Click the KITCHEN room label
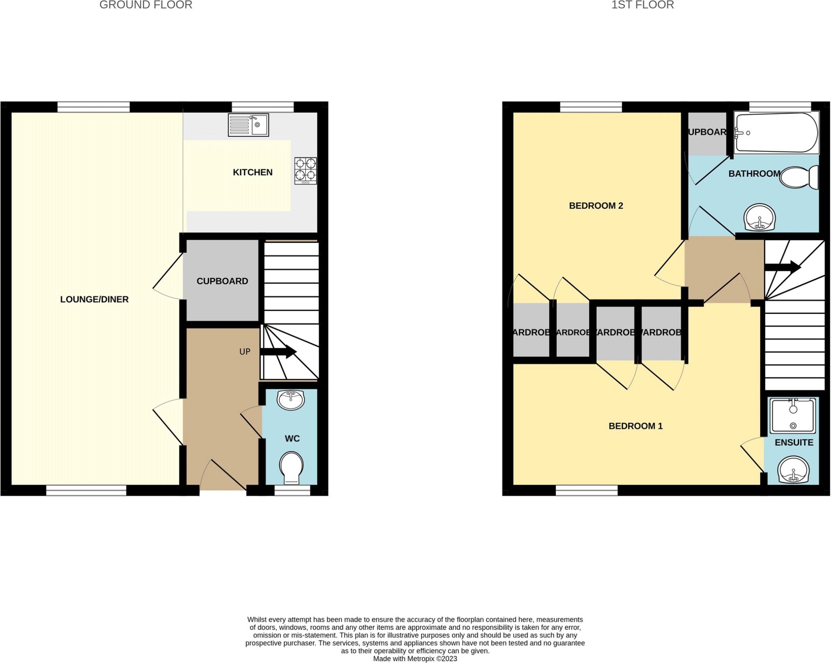(x=252, y=172)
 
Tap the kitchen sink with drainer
(x=248, y=125)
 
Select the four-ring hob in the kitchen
(x=305, y=171)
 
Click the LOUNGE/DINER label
(x=94, y=299)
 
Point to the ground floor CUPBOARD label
(x=222, y=281)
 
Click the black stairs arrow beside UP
(x=279, y=352)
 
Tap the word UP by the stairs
(x=245, y=352)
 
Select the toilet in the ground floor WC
(x=291, y=468)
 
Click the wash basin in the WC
(x=290, y=400)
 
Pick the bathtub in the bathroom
(x=776, y=133)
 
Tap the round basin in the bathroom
(x=760, y=217)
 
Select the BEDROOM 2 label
(x=596, y=206)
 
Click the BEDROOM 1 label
(x=635, y=426)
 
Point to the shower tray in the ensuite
(x=793, y=416)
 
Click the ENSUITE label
(x=794, y=443)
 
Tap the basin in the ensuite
(x=793, y=470)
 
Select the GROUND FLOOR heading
(x=146, y=5)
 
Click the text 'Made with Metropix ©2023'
(x=415, y=659)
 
